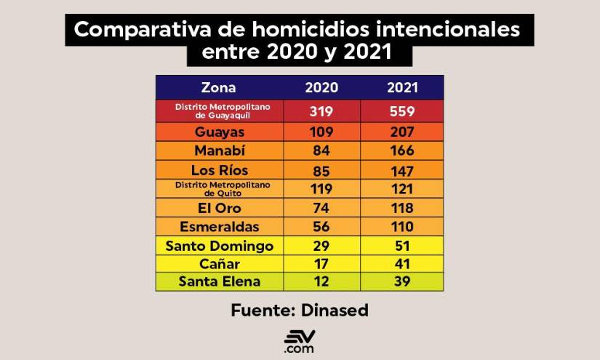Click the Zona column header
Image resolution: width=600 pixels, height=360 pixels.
(x=218, y=88)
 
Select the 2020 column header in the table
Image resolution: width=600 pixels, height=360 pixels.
(x=321, y=88)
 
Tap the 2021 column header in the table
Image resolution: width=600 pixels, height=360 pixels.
(x=401, y=88)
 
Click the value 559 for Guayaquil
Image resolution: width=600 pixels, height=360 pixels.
(x=401, y=111)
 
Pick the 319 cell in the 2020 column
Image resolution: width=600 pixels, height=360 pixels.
(x=321, y=111)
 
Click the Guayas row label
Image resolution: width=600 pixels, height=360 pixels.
(x=219, y=132)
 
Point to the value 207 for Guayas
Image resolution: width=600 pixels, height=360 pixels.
(x=401, y=132)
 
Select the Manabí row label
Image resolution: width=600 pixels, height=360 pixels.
(x=219, y=151)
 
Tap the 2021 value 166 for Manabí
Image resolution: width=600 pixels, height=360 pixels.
(x=401, y=151)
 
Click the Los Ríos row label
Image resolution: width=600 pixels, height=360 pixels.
(x=219, y=170)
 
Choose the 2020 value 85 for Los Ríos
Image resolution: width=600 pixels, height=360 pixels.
(x=321, y=170)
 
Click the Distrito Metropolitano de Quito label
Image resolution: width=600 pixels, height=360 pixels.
(x=219, y=189)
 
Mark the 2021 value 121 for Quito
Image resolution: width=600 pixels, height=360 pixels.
(x=401, y=189)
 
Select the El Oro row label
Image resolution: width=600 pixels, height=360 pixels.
(x=219, y=208)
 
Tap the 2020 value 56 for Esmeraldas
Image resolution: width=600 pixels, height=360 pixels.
(x=321, y=227)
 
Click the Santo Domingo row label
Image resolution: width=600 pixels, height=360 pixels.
(x=219, y=246)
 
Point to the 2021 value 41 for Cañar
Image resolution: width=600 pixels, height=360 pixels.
(x=401, y=264)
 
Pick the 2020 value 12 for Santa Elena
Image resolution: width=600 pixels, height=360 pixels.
(x=321, y=282)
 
